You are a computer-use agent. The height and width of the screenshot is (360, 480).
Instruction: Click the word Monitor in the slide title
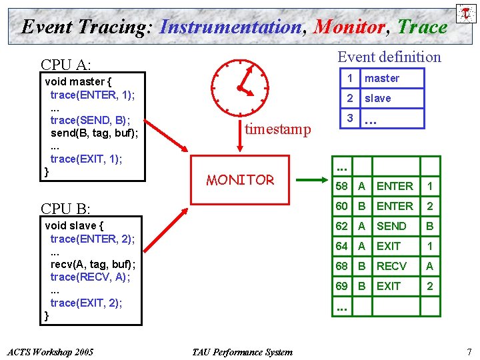tap(349, 27)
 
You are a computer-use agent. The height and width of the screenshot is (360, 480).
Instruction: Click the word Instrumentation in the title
tap(231, 27)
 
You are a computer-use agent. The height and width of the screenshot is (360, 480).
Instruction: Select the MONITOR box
tap(241, 180)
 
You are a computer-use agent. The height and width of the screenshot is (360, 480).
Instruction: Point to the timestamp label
tap(277, 129)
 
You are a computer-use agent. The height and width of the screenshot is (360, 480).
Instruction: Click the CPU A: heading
tap(66, 65)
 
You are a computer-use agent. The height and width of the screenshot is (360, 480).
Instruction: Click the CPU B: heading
tap(66, 209)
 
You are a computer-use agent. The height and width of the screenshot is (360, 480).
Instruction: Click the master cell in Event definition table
tap(382, 79)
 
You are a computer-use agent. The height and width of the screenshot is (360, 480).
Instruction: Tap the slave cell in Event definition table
tap(378, 99)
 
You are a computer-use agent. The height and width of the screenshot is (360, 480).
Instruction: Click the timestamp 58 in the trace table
tap(342, 186)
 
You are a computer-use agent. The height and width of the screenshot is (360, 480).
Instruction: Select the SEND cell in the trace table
tap(391, 226)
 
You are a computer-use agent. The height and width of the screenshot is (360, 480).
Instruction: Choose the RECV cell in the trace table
tap(391, 266)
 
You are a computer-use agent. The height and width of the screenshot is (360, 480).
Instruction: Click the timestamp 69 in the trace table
tap(342, 286)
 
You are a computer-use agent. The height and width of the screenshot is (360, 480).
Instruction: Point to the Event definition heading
tap(389, 57)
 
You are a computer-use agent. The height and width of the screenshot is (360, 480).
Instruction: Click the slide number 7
tap(469, 351)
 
